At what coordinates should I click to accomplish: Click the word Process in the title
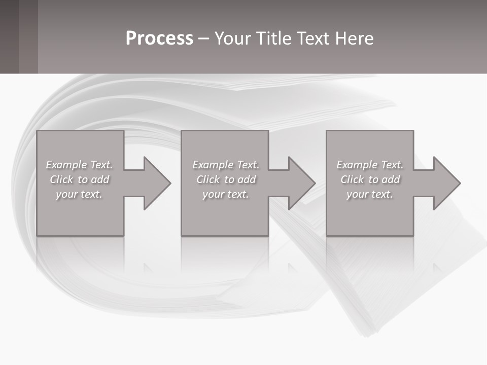point(159,39)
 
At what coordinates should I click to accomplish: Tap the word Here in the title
point(354,39)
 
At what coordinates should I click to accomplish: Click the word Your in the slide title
point(234,39)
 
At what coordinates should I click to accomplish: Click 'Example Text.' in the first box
point(79,165)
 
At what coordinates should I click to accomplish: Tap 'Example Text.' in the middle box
point(226,165)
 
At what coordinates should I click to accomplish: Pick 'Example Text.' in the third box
point(370,165)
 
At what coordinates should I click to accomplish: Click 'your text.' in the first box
point(79,194)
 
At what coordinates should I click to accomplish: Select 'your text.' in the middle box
point(226,194)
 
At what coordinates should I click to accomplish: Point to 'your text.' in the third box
point(370,194)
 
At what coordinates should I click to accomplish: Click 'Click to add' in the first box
point(79,179)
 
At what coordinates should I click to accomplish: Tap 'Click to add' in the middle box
point(226,179)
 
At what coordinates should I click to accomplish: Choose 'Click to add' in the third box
point(370,179)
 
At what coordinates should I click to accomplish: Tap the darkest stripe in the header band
point(9,36)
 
